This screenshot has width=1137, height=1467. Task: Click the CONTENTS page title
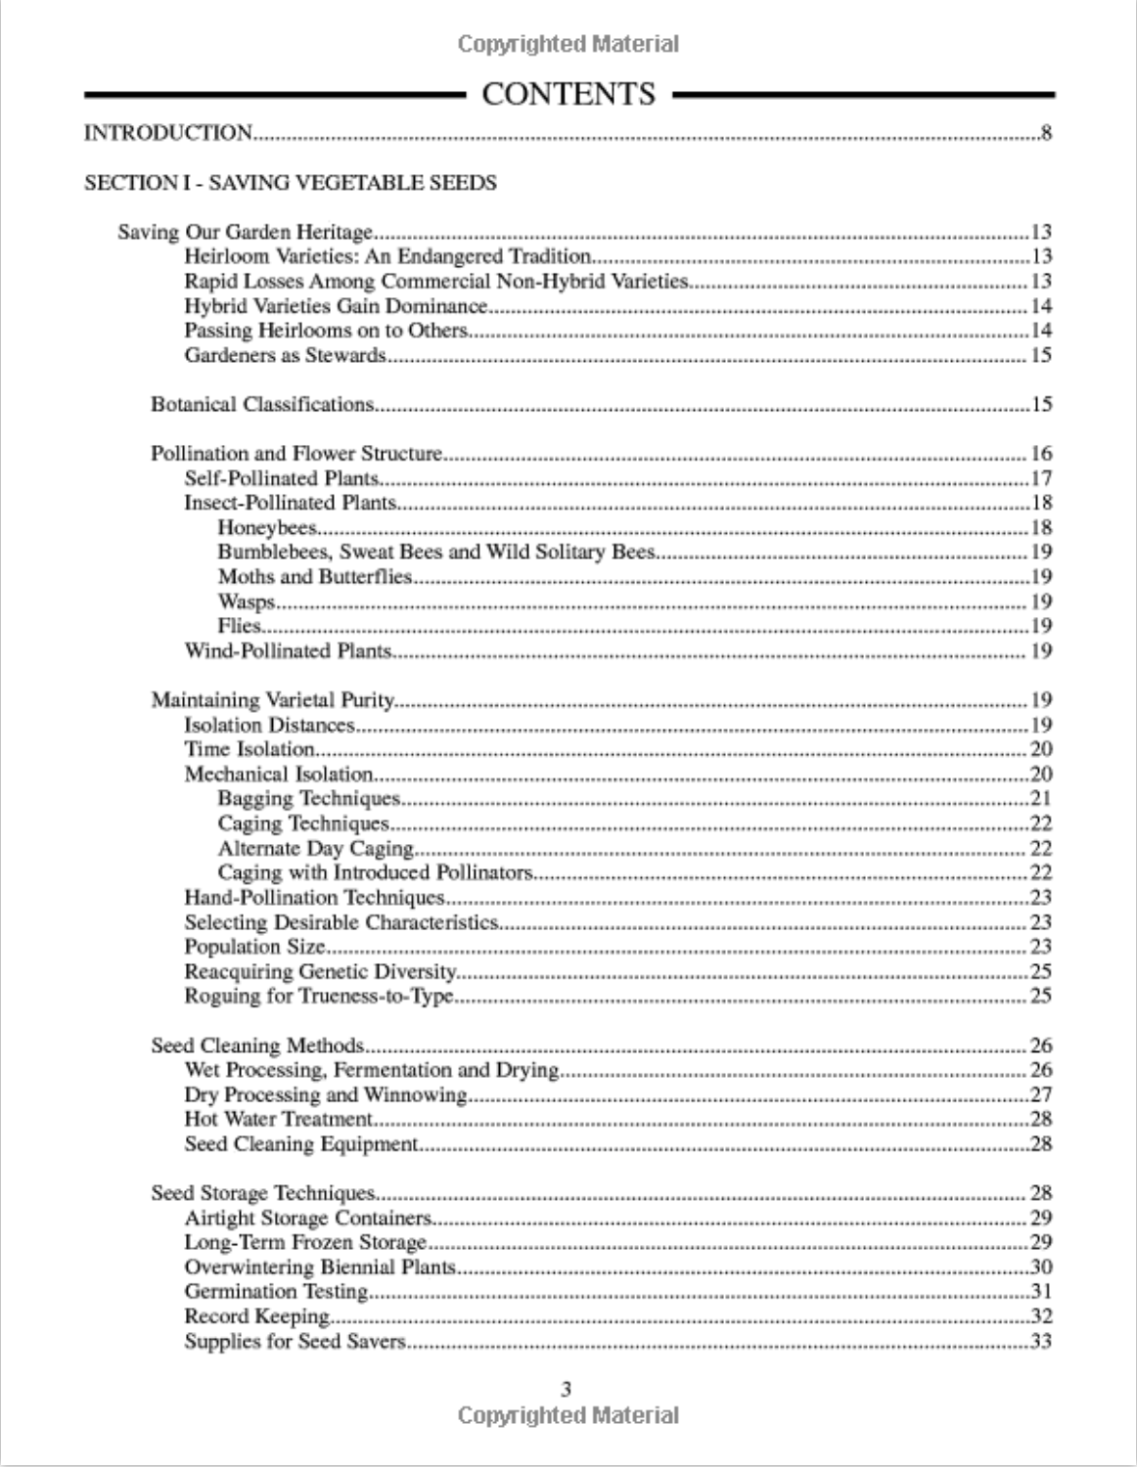[x=568, y=94]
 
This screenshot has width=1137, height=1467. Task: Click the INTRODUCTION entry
[x=168, y=133]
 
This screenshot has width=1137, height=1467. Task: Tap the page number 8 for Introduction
[x=1046, y=133]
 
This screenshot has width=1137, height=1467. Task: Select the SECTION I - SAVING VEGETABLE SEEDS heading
[x=291, y=183]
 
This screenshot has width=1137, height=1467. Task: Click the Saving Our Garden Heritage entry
[x=246, y=233]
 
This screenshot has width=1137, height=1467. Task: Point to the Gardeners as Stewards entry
[x=285, y=355]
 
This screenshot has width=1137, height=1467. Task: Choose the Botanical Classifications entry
[x=262, y=404]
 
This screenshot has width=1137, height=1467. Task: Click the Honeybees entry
[x=267, y=528]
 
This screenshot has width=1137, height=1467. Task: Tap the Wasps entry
[x=247, y=601]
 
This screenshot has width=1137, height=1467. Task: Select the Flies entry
[x=240, y=626]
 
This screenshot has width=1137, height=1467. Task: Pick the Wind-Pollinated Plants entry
[x=289, y=650]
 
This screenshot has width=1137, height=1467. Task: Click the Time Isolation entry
[x=250, y=749]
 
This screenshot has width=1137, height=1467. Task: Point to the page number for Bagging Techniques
[x=1040, y=798]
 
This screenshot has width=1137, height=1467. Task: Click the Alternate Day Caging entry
[x=316, y=848]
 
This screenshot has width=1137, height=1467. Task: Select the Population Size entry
[x=255, y=947]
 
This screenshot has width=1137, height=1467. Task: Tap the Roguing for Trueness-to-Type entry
[x=319, y=997]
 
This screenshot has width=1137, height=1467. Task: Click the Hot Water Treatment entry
[x=279, y=1119]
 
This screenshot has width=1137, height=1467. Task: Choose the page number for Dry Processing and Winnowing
[x=1040, y=1094]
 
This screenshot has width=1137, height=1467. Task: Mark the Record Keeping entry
[x=257, y=1316]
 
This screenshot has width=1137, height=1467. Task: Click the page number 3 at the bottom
[x=567, y=1389]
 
